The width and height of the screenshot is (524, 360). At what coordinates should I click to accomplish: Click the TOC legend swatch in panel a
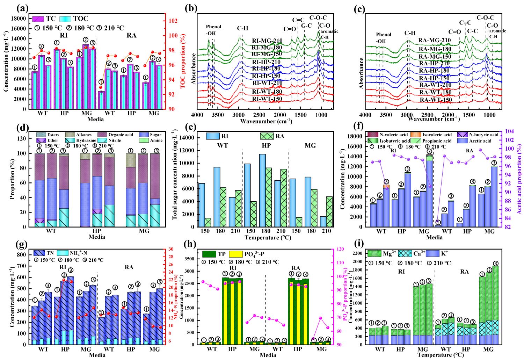[65, 19]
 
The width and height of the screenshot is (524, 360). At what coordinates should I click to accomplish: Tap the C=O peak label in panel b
[289, 29]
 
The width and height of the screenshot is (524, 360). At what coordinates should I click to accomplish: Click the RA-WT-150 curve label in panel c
[436, 100]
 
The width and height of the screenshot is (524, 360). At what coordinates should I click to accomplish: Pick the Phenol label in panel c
[384, 35]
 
